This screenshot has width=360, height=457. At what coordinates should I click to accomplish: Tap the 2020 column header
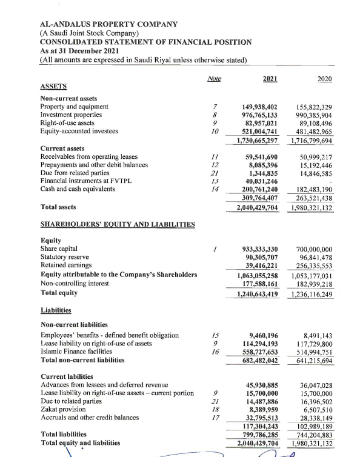(x=328, y=79)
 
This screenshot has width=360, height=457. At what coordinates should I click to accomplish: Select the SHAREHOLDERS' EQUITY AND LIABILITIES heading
(x=117, y=225)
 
